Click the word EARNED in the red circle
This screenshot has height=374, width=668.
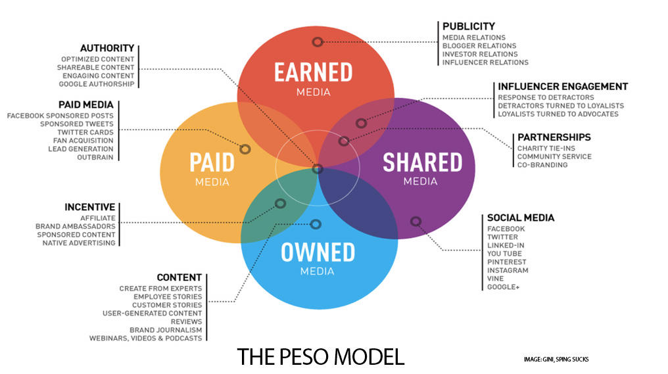tap(313, 72)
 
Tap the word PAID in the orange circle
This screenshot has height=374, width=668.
tap(212, 162)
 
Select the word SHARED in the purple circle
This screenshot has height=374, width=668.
tap(422, 162)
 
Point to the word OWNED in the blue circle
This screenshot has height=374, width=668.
tap(318, 252)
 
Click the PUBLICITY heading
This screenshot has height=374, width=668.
tap(469, 26)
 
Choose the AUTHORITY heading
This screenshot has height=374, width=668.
tap(107, 48)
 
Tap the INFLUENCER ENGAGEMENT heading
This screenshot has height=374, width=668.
tap(563, 87)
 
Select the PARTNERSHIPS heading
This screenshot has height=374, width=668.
tap(554, 137)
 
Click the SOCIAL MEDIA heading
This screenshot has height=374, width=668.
tap(521, 218)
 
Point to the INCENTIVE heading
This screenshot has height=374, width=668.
tap(90, 207)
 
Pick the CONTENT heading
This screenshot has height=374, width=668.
tap(179, 277)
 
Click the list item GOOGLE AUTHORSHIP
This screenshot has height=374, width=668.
tap(96, 84)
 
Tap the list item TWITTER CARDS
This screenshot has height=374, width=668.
tap(85, 132)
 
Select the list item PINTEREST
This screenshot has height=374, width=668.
tap(506, 262)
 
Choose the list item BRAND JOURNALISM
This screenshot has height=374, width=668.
tap(166, 330)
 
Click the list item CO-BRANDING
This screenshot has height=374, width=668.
tap(542, 165)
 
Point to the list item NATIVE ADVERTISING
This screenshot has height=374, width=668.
tap(79, 243)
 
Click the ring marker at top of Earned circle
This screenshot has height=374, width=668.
tap(318, 42)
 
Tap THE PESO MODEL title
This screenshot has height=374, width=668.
tap(320, 357)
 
